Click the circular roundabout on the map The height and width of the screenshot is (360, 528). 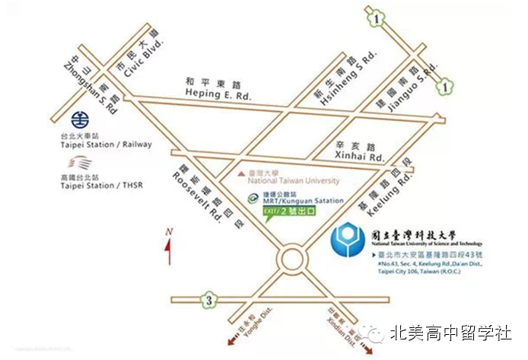[x=291, y=260]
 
